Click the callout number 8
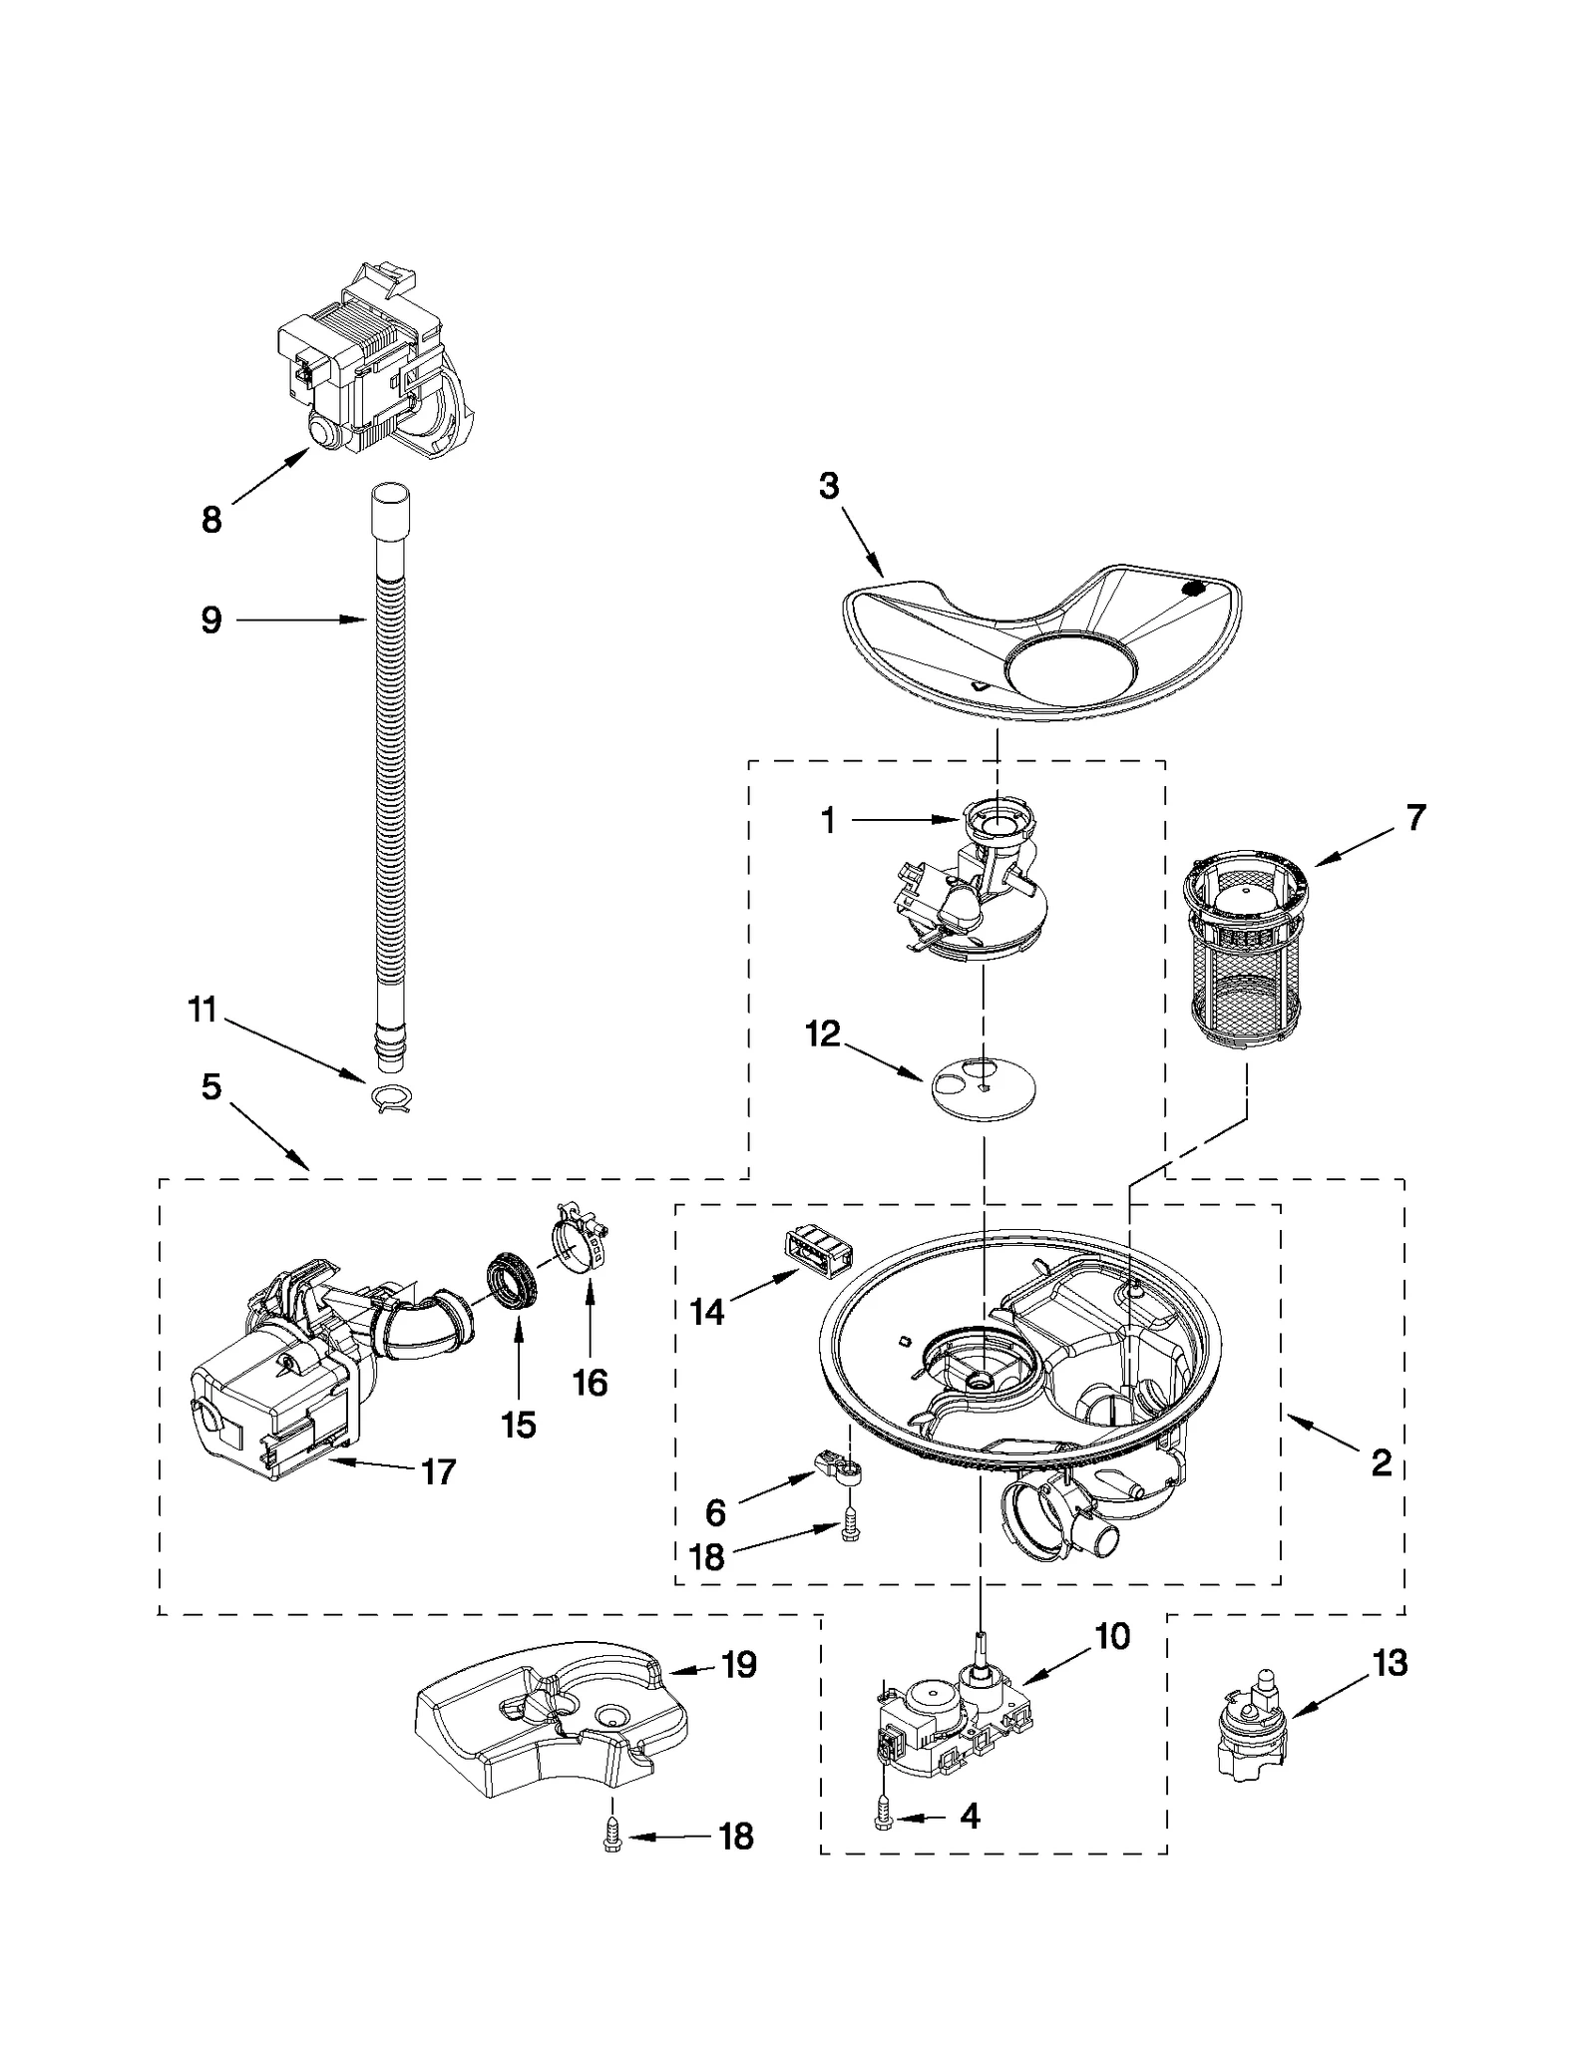click(x=211, y=520)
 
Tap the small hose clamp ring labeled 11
click(x=390, y=1097)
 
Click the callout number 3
click(x=829, y=487)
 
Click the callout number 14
click(x=707, y=1313)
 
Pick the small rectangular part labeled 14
click(x=815, y=1248)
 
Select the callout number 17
click(x=438, y=1471)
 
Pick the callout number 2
click(x=1381, y=1463)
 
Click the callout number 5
click(x=211, y=1087)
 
